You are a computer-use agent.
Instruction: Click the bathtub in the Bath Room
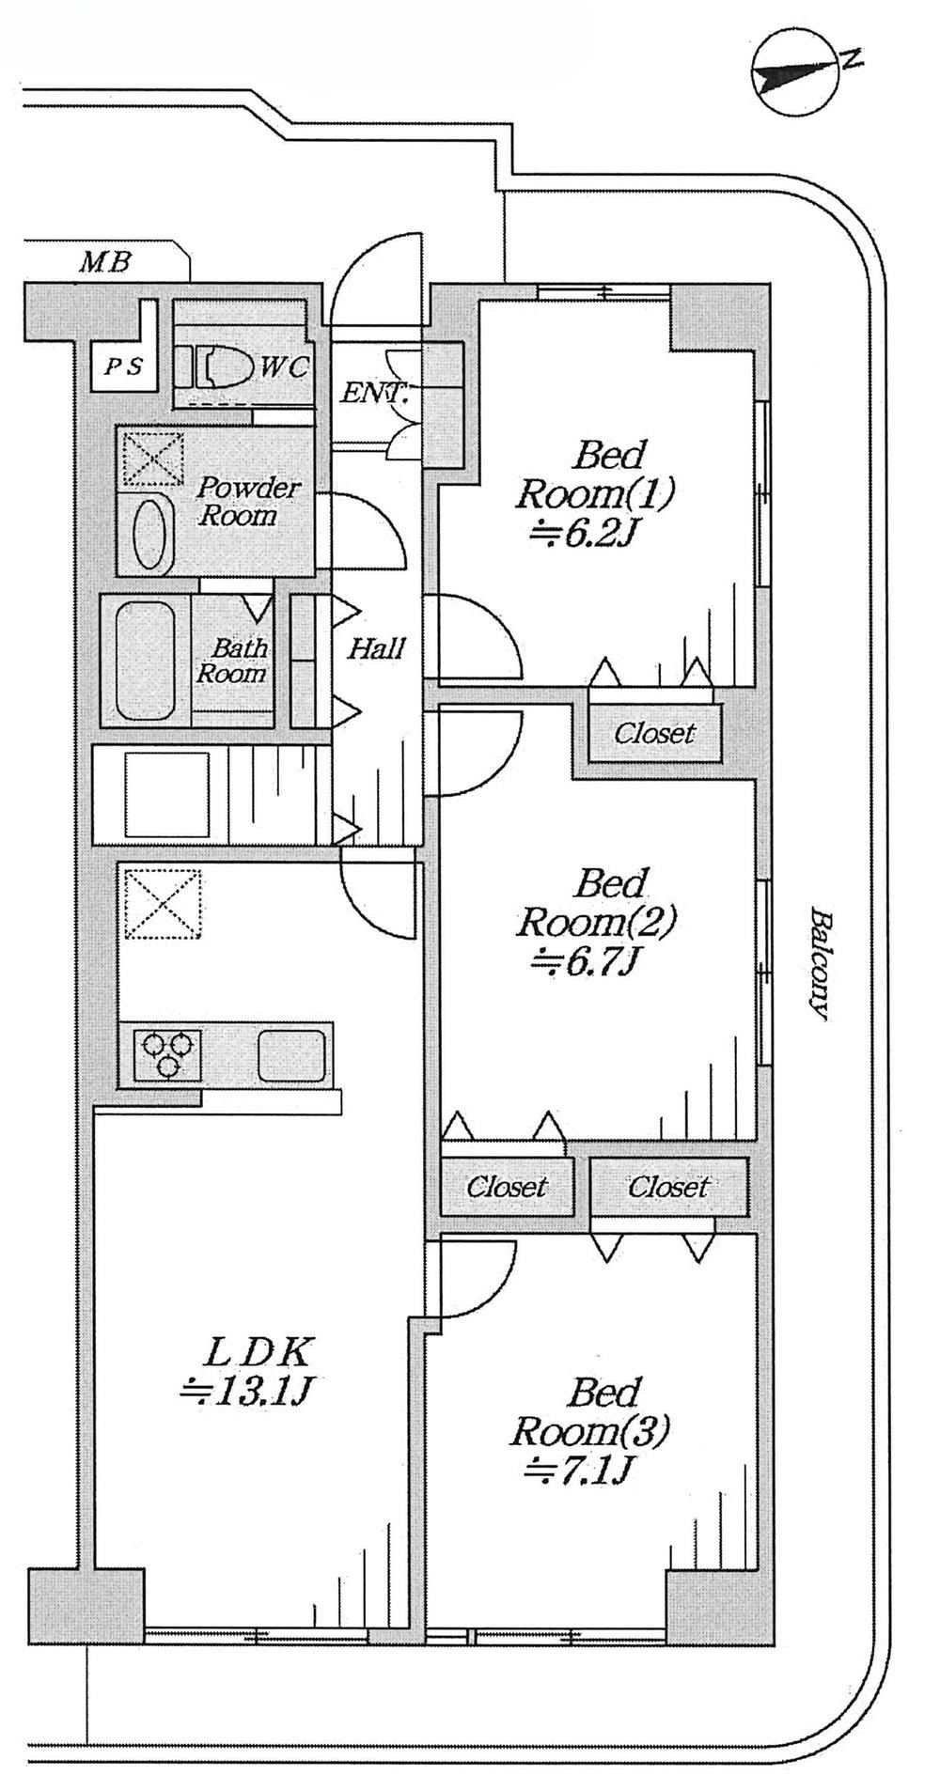(145, 660)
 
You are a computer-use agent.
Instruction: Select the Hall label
(377, 647)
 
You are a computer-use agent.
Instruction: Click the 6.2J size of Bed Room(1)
(584, 535)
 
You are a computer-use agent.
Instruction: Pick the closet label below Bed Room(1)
(655, 733)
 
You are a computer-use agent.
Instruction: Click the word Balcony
(820, 964)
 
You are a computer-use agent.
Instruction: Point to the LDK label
(257, 1353)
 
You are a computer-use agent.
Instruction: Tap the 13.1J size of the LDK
(244, 1391)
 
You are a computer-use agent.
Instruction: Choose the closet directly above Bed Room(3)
(668, 1188)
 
